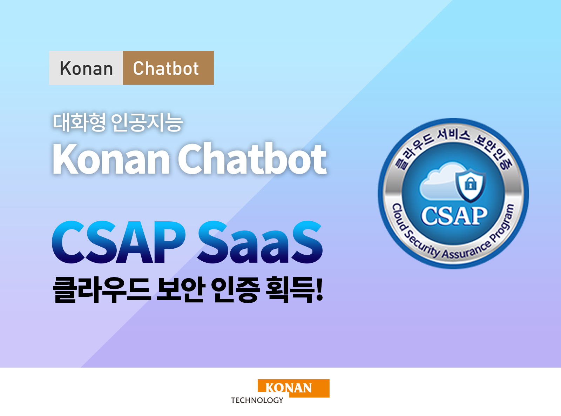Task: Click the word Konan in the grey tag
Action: coord(86,68)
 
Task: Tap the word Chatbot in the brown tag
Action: coord(166,68)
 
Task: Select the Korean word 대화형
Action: coord(79,123)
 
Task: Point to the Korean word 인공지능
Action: coord(147,123)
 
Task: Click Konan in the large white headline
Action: coord(111,159)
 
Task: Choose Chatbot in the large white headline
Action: coord(252,159)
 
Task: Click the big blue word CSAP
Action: coord(119,242)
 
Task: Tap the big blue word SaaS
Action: coord(260,242)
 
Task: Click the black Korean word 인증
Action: coord(235,290)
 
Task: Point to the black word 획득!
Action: coord(295,290)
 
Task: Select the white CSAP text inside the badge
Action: coord(454,216)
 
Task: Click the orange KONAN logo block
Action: coord(293,388)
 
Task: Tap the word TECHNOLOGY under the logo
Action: coord(257,400)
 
